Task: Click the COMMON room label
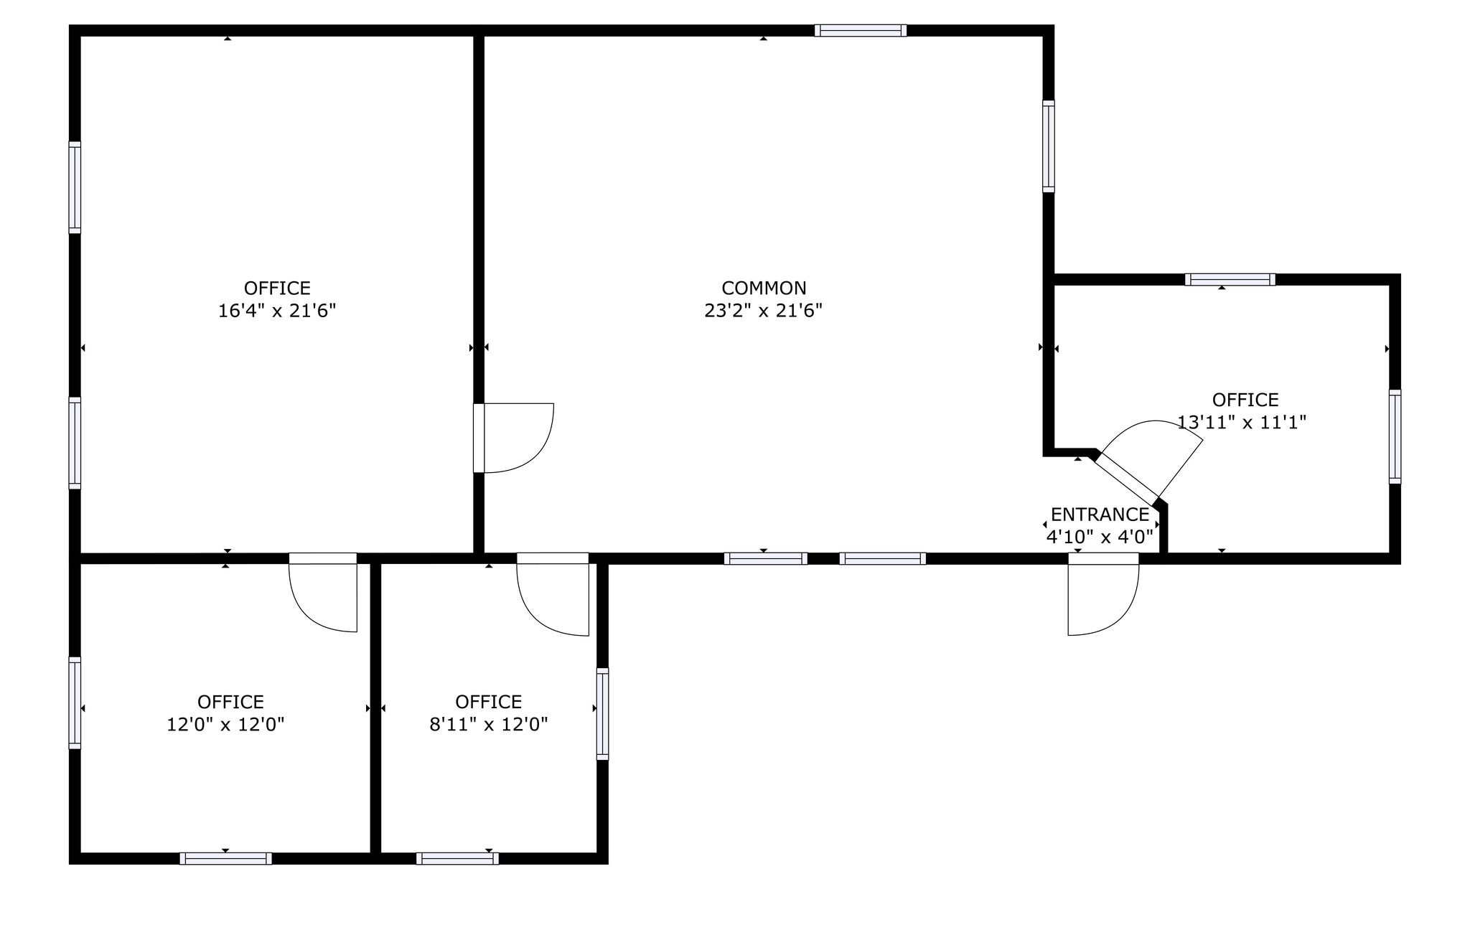point(764,288)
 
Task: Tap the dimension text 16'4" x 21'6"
point(277,311)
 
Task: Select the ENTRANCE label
point(1100,515)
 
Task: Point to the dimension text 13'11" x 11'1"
point(1241,423)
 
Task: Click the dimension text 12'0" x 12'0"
point(225,725)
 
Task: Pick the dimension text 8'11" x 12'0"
point(488,725)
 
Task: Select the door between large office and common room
point(512,438)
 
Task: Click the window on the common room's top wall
point(860,31)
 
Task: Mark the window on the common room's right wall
point(1049,146)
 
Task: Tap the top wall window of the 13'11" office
point(1230,280)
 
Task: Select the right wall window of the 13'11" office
point(1395,436)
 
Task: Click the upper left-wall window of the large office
point(75,187)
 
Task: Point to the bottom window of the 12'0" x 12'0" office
point(225,858)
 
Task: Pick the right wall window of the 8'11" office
point(602,714)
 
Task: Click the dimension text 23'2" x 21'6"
point(763,311)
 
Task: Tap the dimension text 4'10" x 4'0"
point(1099,537)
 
